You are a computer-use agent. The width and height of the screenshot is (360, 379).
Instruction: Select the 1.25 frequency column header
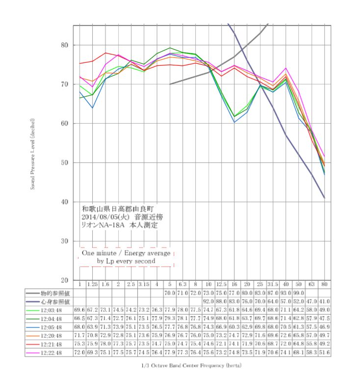click(92, 284)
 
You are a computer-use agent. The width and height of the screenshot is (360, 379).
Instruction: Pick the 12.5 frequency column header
click(221, 284)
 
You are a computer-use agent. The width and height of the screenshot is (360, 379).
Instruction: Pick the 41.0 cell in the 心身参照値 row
click(324, 301)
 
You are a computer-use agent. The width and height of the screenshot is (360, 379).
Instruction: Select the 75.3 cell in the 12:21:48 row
click(79, 344)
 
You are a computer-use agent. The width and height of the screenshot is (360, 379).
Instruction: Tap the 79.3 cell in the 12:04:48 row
click(169, 319)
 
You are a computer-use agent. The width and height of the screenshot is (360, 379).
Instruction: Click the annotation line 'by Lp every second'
click(126, 262)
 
